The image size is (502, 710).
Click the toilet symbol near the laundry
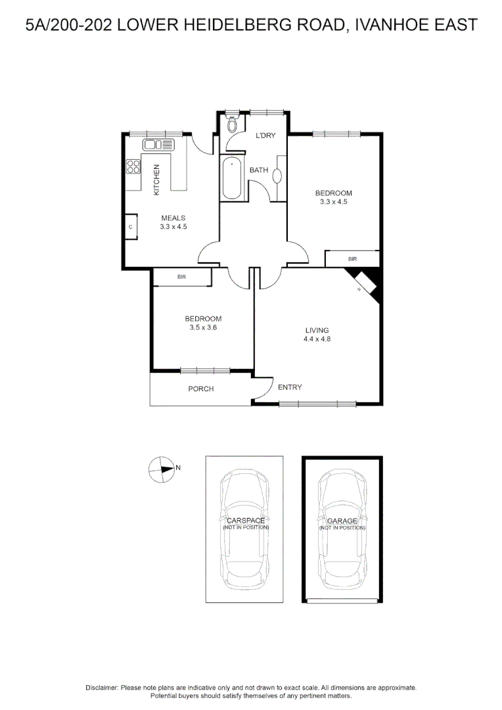[231, 125]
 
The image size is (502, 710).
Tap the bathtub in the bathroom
[233, 178]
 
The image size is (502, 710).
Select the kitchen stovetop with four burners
[133, 166]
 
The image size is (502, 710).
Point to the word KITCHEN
[156, 179]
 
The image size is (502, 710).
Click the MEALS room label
[173, 218]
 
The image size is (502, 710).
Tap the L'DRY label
[265, 135]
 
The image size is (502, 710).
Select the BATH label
[258, 170]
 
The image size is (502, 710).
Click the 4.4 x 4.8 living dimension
[317, 339]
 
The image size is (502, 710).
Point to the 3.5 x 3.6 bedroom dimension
[202, 327]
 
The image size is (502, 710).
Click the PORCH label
[201, 389]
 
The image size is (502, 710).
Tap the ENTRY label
[290, 387]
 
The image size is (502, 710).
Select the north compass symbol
[162, 469]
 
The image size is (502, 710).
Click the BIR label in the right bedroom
[352, 260]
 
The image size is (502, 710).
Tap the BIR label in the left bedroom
[182, 277]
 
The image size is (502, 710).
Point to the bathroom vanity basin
[277, 176]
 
